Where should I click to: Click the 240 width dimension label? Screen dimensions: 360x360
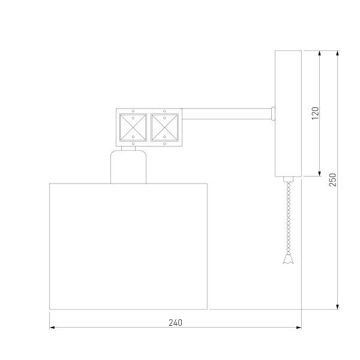[175, 322]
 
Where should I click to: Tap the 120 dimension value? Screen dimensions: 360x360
[316, 113]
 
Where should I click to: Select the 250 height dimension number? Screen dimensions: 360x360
[334, 179]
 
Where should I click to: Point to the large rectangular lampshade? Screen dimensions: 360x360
[128, 246]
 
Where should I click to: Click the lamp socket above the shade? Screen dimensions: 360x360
[128, 167]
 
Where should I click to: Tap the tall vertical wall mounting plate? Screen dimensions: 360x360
[288, 114]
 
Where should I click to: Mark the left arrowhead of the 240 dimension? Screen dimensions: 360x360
[52, 328]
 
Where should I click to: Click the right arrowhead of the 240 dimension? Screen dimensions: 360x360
[298, 328]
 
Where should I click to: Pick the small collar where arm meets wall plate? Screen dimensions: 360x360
[273, 111]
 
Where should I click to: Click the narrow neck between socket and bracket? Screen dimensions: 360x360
[128, 149]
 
